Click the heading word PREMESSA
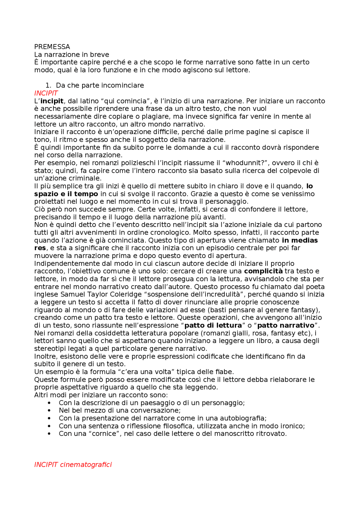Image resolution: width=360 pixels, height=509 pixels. pos(52,47)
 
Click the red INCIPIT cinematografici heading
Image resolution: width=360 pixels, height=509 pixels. pos(73,465)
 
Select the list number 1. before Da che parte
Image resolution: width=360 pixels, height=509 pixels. pos(48,85)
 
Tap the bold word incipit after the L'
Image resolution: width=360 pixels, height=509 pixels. pos(52,101)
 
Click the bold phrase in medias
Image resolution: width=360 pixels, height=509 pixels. pos(300,240)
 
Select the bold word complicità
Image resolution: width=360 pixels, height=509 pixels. pos(263,271)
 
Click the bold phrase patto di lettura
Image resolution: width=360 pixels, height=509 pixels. pos(213,325)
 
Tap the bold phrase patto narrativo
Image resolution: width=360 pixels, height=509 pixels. pos(286,325)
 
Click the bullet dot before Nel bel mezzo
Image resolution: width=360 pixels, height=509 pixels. pos(49,411)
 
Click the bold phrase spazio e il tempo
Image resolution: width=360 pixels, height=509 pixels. pos(66,194)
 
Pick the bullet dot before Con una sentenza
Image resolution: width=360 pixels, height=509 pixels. pos(49,426)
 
